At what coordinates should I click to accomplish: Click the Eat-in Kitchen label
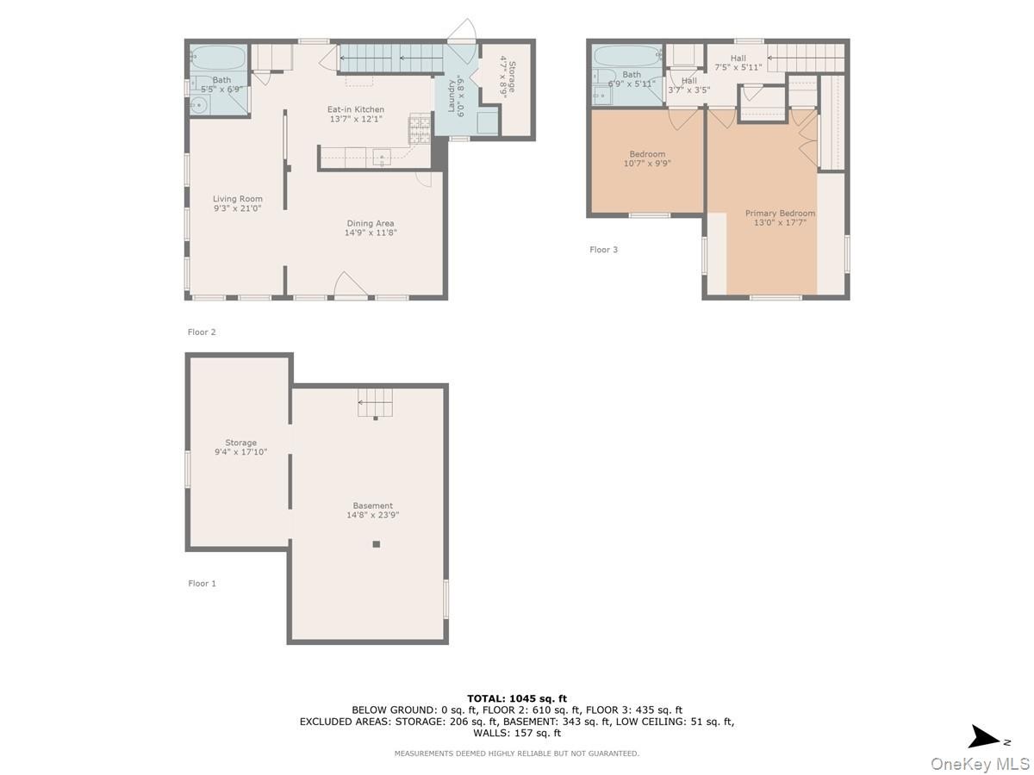(356, 109)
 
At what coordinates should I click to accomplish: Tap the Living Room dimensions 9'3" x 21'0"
(237, 208)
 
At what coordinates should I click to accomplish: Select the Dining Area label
(371, 224)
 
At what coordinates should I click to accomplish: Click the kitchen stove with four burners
(420, 128)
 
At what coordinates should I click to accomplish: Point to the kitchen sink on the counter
(381, 157)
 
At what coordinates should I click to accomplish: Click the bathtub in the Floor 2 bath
(218, 58)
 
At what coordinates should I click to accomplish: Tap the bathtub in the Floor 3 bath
(627, 57)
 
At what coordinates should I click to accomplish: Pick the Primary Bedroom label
(780, 214)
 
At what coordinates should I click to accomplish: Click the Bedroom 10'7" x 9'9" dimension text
(647, 164)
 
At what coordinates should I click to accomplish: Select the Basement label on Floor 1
(372, 505)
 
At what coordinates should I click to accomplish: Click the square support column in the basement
(376, 544)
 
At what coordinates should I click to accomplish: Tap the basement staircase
(375, 403)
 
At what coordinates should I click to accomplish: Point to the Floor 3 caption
(603, 250)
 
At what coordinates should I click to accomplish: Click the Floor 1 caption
(202, 584)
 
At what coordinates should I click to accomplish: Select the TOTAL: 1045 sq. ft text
(517, 698)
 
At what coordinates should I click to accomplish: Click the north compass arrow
(984, 739)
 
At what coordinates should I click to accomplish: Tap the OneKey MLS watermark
(980, 763)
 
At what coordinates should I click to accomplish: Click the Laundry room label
(451, 96)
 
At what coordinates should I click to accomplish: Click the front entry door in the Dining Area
(350, 286)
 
